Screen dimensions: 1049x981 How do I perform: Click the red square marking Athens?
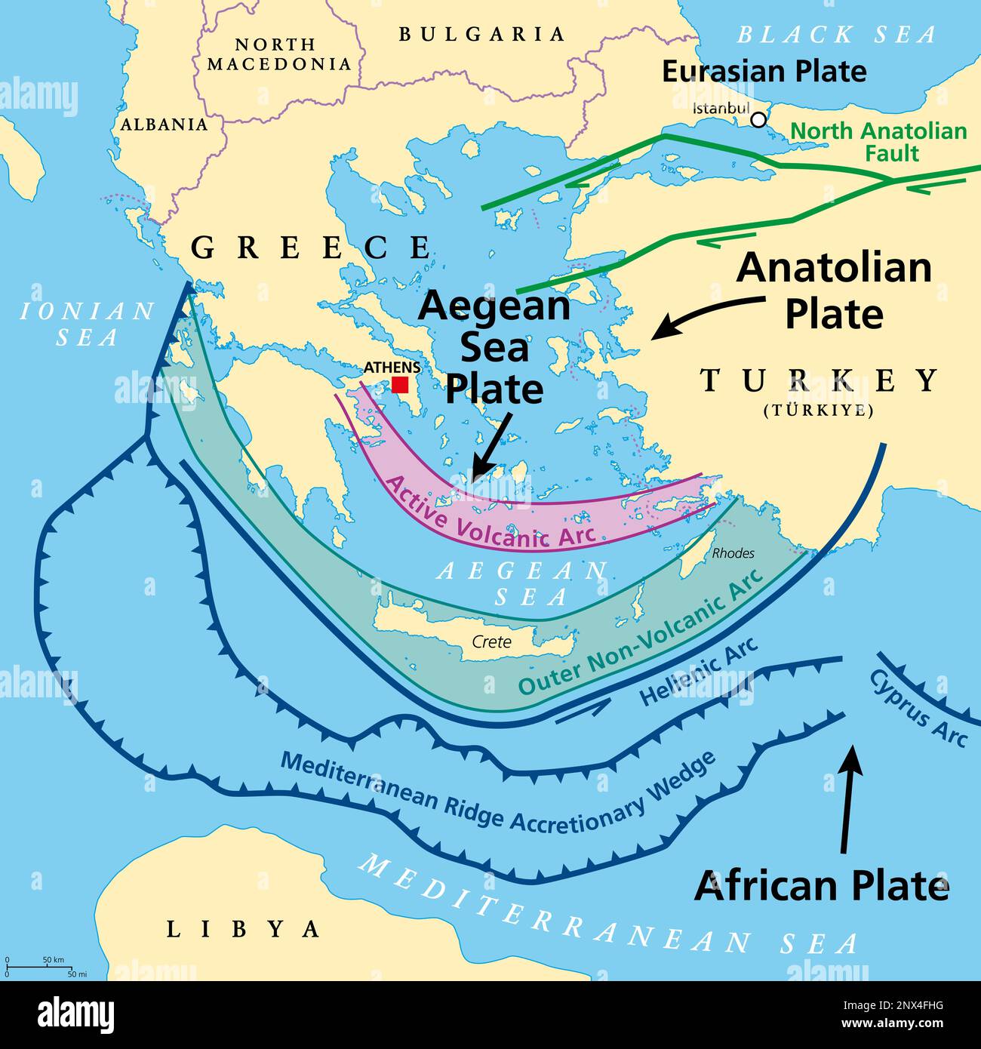[x=400, y=385]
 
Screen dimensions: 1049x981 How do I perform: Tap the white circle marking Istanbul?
[x=758, y=120]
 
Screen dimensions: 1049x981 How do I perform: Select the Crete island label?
[x=491, y=642]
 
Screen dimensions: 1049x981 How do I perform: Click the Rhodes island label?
[x=733, y=553]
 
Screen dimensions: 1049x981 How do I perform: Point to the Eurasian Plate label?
[x=764, y=72]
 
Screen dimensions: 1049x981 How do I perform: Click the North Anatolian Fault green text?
[x=878, y=142]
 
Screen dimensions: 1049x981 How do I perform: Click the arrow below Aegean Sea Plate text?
[x=491, y=445]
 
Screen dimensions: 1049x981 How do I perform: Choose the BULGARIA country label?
[x=481, y=34]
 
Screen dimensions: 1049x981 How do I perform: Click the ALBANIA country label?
[x=164, y=125]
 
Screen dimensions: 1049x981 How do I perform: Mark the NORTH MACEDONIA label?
[x=279, y=54]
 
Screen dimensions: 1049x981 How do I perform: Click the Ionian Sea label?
[x=87, y=323]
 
